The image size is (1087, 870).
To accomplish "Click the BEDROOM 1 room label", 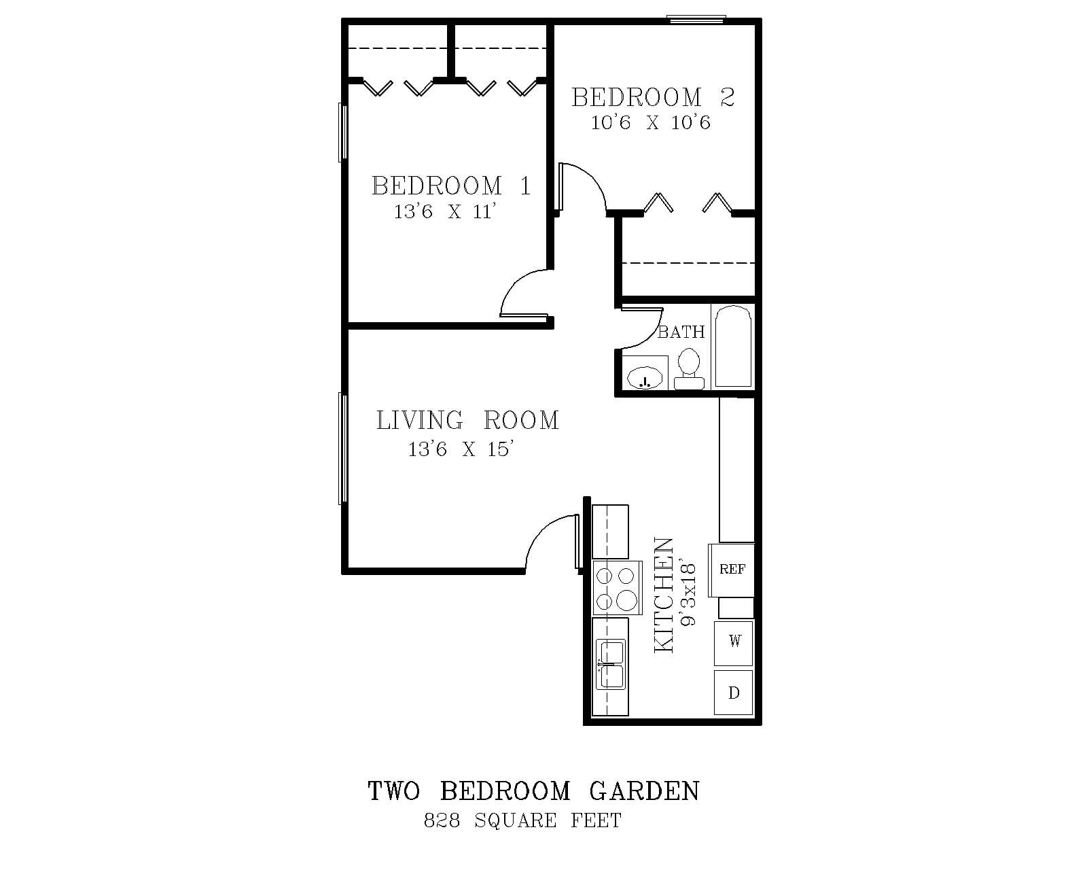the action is point(451,186).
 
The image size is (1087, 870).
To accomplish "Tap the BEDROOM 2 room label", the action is point(653,98).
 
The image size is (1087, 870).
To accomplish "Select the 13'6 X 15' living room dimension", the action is point(461,449).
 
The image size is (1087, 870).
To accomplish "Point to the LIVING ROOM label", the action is point(467,420).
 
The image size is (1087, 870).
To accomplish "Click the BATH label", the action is point(681,332).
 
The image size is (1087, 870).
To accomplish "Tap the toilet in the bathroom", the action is point(689,369).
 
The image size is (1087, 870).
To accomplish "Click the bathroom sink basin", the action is point(645,378).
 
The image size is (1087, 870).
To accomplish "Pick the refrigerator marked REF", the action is point(732,570).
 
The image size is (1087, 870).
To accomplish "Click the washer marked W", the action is point(734,643).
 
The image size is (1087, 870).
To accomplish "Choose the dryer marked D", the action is point(734,693).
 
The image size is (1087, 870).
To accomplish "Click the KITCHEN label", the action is point(664,595).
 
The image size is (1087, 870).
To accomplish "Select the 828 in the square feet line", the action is point(442,820).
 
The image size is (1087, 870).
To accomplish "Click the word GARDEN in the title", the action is point(645,791).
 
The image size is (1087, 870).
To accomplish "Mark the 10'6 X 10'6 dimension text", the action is point(651,122).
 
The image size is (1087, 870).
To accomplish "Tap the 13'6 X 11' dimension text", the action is point(444,211).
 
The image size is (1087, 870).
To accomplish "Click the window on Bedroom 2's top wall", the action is point(696,19).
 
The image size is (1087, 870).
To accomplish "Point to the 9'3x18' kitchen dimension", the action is point(688,592).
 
